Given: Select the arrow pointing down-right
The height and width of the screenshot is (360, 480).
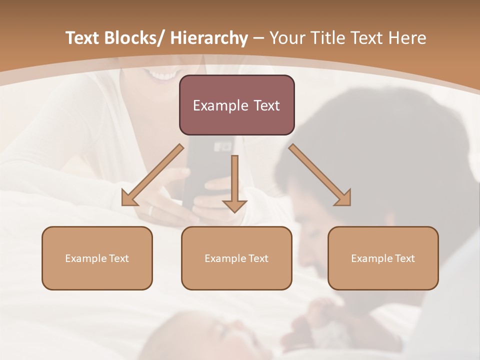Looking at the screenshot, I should (320, 175).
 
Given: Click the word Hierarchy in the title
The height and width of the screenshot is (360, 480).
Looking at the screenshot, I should (208, 38).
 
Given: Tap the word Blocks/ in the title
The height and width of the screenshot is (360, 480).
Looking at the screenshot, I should (133, 38).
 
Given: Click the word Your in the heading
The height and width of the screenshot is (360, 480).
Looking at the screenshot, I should (286, 38).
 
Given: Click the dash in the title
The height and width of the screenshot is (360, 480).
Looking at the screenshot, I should (258, 38).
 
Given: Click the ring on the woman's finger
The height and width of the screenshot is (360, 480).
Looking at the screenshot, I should (150, 210).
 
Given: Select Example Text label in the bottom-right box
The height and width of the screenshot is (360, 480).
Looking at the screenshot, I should (383, 258).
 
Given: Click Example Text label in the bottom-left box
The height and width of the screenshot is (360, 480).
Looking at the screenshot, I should (97, 258).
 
